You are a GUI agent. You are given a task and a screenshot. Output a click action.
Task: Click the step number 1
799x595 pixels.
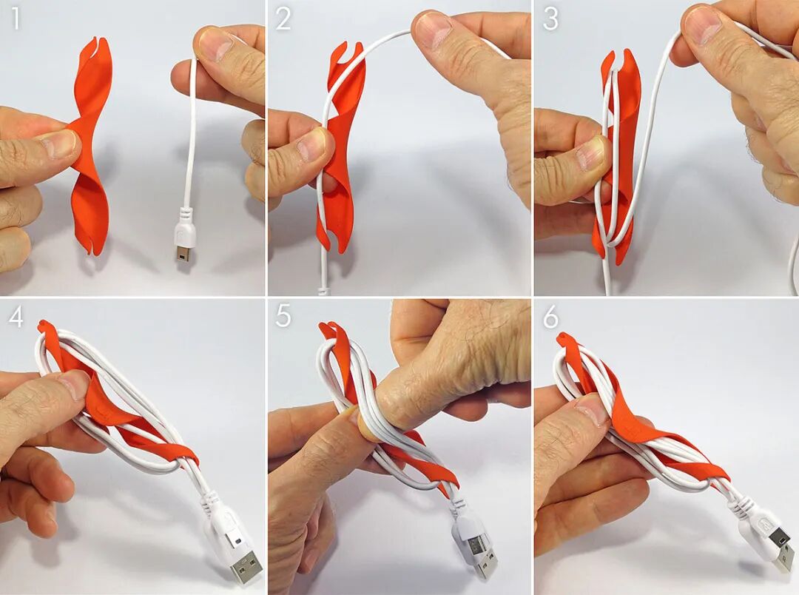(16, 19)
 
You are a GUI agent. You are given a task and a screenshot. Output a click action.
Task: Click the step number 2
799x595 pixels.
(283, 19)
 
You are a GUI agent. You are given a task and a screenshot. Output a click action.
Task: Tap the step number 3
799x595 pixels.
(551, 19)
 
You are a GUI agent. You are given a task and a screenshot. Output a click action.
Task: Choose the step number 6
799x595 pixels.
(551, 317)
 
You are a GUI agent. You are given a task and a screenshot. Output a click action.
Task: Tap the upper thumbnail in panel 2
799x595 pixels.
(433, 28)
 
